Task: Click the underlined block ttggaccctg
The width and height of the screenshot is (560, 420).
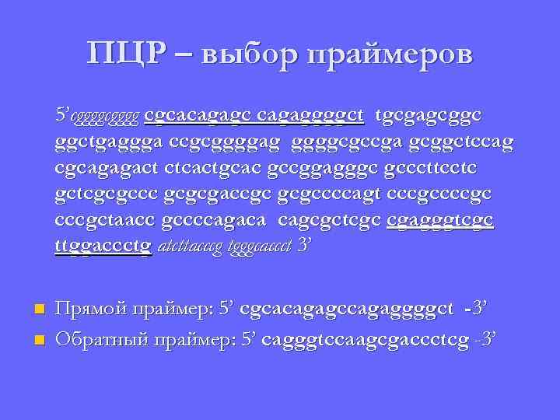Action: (103, 245)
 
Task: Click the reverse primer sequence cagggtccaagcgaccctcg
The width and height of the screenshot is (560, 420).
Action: (361, 339)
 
